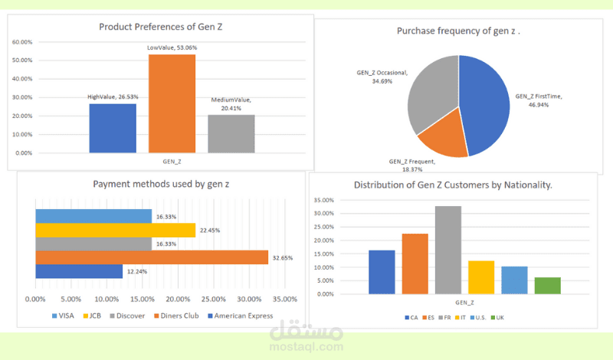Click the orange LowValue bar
(172, 103)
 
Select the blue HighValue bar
(113, 128)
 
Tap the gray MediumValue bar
(231, 134)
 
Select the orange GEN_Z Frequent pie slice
(441, 138)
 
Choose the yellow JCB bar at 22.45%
(115, 230)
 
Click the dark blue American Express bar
(79, 271)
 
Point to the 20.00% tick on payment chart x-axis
(179, 299)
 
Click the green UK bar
(547, 286)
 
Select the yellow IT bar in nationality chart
(481, 277)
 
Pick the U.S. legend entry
(479, 316)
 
